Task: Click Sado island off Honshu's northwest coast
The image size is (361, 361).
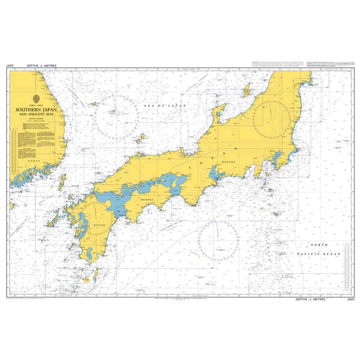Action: coord(245,91)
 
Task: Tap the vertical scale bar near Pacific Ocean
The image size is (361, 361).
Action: coord(347,265)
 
